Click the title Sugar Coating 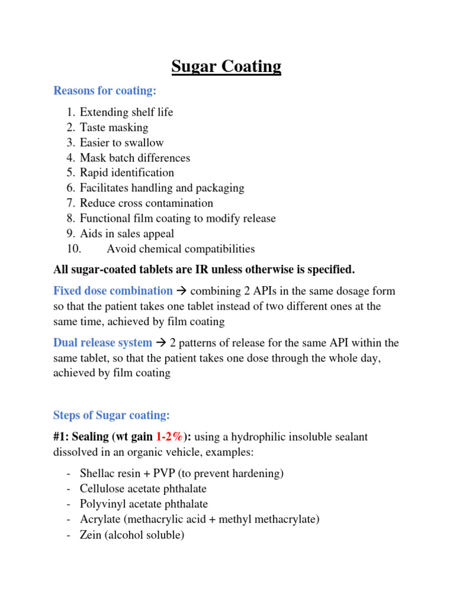click(x=226, y=67)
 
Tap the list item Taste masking click(x=114, y=127)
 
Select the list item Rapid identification click(x=127, y=173)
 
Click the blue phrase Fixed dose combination click(x=113, y=291)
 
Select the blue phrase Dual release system click(x=103, y=343)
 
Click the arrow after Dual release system click(x=160, y=343)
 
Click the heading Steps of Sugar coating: click(x=111, y=415)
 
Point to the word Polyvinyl click(x=103, y=504)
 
